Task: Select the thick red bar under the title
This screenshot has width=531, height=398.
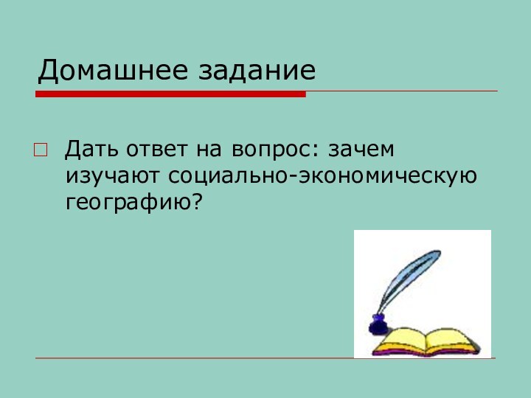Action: (x=170, y=94)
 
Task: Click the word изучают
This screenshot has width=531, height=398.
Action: (x=114, y=177)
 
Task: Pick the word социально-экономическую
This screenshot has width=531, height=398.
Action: (x=322, y=177)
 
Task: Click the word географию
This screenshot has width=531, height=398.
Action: (x=128, y=203)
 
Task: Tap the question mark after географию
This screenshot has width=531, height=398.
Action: (x=197, y=202)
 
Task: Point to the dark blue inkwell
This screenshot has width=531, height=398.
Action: (x=377, y=324)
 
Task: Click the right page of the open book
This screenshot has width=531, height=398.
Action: (x=450, y=340)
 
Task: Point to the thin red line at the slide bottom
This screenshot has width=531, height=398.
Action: (x=192, y=359)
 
